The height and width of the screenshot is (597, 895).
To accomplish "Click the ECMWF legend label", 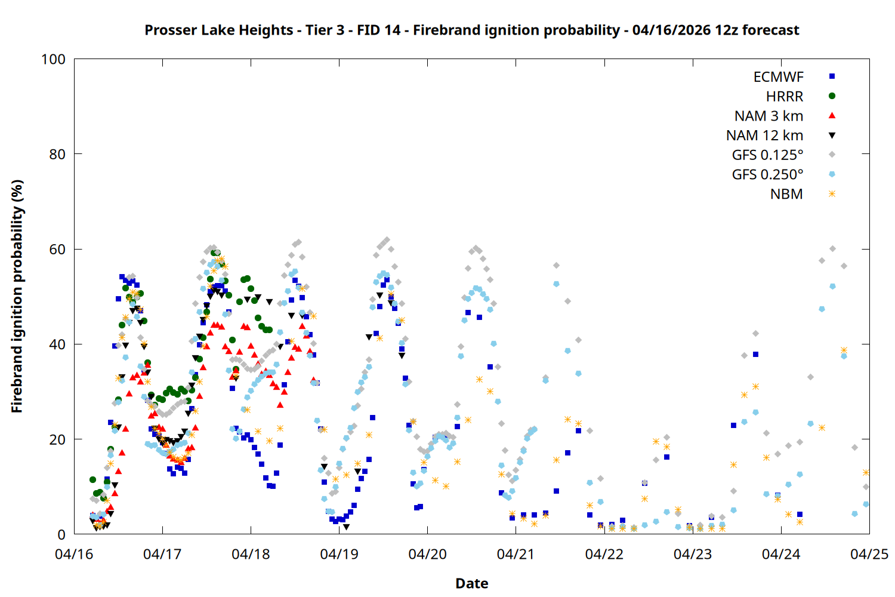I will tap(778, 77).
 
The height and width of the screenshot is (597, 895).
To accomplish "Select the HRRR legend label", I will tap(785, 97).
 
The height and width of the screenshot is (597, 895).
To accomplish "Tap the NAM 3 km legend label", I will tap(769, 116).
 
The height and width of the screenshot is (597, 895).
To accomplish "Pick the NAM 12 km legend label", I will tap(764, 136).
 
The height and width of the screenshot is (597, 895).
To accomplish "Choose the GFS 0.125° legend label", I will tap(767, 155).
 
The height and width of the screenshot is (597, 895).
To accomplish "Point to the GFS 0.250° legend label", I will tap(767, 175).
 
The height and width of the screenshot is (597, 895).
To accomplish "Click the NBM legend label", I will tap(786, 194).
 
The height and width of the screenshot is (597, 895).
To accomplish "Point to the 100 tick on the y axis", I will tap(53, 59).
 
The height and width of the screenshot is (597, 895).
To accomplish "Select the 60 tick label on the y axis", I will tap(57, 250).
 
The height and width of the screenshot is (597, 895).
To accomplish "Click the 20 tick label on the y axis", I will tap(57, 439).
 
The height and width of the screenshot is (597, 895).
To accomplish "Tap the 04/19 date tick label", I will tap(339, 554).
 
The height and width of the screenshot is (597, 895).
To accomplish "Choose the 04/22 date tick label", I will tap(604, 554).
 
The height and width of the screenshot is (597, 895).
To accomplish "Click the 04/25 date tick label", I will tap(869, 554).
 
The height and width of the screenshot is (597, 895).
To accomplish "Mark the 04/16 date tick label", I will tap(74, 554).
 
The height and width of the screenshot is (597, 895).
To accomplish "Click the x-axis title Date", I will tap(471, 583).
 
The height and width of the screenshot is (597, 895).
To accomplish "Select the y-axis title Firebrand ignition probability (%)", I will tap(17, 296).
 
